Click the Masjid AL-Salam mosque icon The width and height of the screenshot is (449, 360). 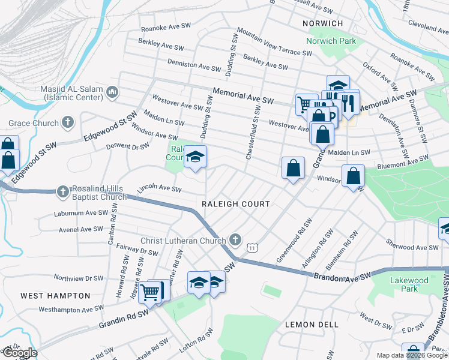[x=112, y=92]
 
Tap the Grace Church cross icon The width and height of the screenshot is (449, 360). [x=68, y=123]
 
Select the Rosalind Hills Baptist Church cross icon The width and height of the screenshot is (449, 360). [x=62, y=192]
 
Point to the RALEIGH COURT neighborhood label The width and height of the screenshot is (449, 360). [x=235, y=204]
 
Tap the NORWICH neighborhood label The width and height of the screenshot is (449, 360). [x=323, y=23]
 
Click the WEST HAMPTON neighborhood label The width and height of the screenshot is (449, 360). [x=55, y=296]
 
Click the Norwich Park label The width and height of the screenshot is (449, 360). [x=331, y=41]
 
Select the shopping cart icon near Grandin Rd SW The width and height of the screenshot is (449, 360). [x=150, y=292]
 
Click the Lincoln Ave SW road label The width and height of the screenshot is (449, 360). [x=159, y=188]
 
